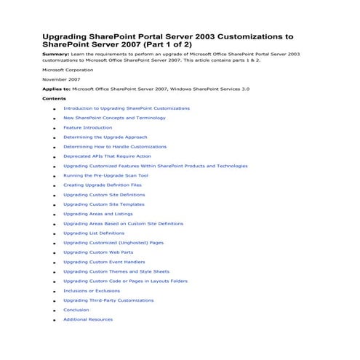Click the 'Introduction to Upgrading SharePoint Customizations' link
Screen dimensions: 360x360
tap(126, 108)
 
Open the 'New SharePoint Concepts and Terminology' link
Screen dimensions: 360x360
tap(114, 118)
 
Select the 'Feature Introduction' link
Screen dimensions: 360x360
tap(87, 127)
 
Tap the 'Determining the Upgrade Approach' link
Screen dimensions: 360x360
tap(105, 137)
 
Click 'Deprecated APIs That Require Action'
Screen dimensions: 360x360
tap(107, 156)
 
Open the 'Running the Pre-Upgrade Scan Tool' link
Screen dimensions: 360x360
tap(105, 175)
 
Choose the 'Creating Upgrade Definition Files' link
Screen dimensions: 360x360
tap(102, 185)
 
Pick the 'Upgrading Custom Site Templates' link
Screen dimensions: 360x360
tap(103, 204)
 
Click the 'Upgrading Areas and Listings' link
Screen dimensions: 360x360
tap(97, 214)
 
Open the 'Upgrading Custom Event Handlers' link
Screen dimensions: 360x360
tap(103, 262)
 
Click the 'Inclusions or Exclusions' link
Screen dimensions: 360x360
tap(92, 291)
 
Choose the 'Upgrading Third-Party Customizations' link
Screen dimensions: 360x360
tap(108, 300)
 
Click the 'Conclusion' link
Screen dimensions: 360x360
tap(76, 310)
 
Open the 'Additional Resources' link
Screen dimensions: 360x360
tap(87, 319)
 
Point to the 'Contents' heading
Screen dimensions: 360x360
tap(54, 98)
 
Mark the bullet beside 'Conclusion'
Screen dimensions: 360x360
tap(55, 311)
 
